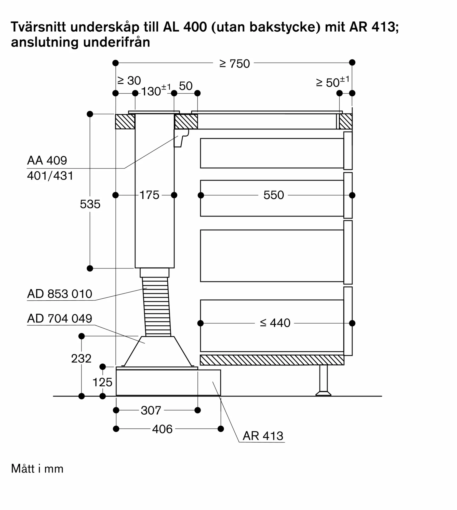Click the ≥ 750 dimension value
(x=234, y=64)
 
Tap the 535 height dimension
(x=90, y=204)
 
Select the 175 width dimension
(x=149, y=195)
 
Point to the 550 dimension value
(x=274, y=195)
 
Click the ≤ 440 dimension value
(x=275, y=323)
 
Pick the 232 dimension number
(x=81, y=359)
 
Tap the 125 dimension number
(x=102, y=382)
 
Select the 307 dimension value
(x=151, y=410)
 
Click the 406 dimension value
(x=162, y=429)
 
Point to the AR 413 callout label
(x=263, y=436)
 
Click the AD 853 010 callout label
(x=60, y=294)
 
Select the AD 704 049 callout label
(x=60, y=318)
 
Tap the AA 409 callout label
(x=47, y=160)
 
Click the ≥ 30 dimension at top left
(x=129, y=81)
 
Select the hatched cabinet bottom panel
(x=272, y=360)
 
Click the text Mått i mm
(x=37, y=469)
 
